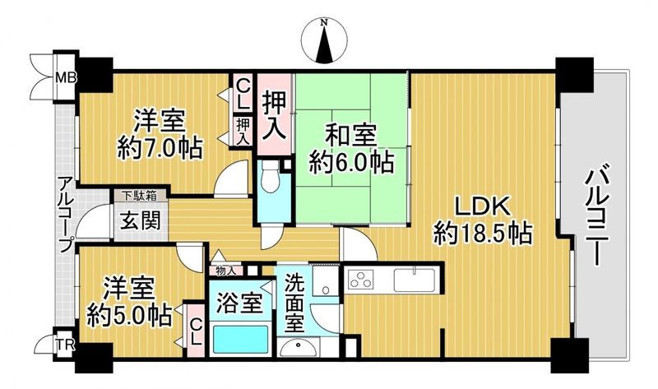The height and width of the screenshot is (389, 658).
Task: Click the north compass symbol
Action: (324, 41)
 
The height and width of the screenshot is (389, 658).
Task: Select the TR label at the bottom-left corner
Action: (65, 346)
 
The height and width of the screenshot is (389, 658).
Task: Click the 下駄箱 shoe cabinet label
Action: (140, 195)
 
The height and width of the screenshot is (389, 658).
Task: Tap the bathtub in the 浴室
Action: (240, 340)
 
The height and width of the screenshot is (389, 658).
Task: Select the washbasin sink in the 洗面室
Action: (299, 347)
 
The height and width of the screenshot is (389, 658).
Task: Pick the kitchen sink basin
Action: (415, 280)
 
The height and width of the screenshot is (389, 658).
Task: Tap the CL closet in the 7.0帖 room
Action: (243, 95)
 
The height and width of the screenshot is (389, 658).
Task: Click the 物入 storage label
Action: (225, 271)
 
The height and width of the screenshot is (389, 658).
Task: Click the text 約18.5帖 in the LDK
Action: (483, 234)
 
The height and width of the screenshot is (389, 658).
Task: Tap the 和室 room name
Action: (345, 135)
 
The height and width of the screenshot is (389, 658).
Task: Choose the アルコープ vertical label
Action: (66, 214)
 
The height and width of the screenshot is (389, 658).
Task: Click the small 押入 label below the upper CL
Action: (243, 132)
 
